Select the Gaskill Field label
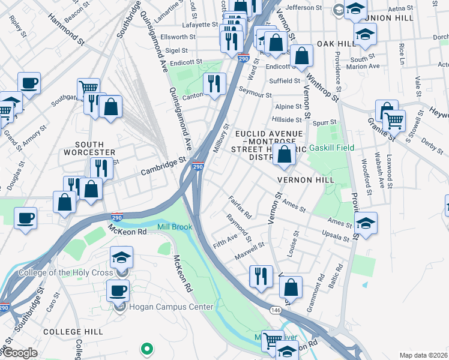pos(331,148)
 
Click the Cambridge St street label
pos(163,166)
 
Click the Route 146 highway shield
pos(276,309)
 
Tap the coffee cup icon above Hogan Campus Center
pos(118,291)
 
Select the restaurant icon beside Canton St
pos(214,83)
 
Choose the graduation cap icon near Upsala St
pos(366,223)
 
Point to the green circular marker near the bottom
pos(145,348)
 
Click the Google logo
pos(19,353)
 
